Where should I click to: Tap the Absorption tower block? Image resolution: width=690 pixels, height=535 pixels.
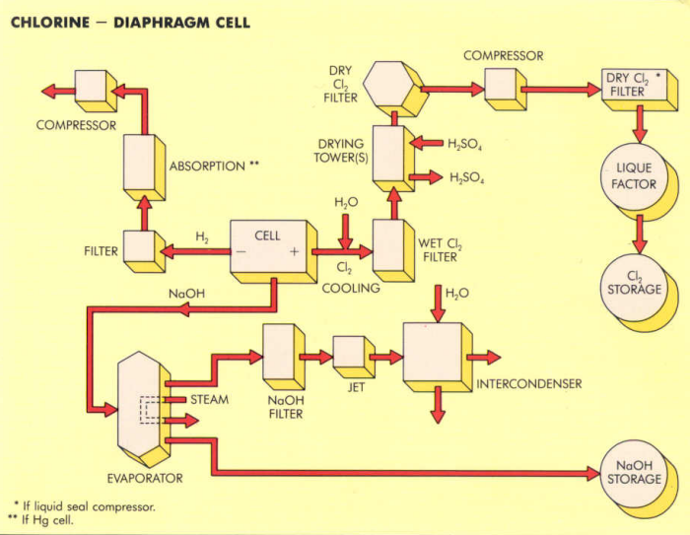pos(143,166)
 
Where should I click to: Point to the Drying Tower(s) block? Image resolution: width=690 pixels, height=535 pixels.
pos(391,158)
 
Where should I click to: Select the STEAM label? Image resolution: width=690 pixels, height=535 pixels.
pos(209,400)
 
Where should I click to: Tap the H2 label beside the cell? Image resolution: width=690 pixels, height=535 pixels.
pos(202,237)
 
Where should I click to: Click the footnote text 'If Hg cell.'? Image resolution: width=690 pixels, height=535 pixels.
pos(47,520)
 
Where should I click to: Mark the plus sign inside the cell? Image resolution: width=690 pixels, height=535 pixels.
pos(294,252)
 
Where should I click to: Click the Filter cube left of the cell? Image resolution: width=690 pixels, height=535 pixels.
pos(140,250)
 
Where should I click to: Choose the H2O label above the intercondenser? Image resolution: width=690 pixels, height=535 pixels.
pos(456,293)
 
